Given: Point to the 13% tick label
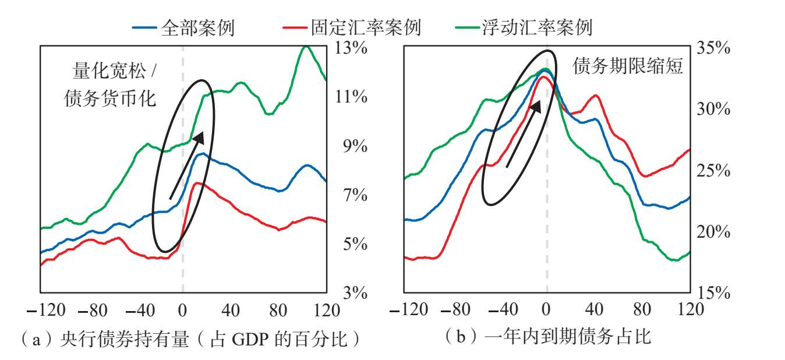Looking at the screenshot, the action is tap(351, 47).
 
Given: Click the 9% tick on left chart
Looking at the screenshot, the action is tap(355, 146).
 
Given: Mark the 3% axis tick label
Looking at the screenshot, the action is tap(355, 292).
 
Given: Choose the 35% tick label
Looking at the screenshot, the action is tap(713, 47).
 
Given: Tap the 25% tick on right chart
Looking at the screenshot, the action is tap(713, 170).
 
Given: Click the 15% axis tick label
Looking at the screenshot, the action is tap(714, 292).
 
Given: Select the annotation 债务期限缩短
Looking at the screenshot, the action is tap(628, 66).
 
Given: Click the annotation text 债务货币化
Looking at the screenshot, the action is tap(109, 98).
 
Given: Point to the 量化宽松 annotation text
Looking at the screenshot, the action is tap(109, 71).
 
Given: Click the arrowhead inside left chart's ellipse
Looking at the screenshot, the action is tap(199, 138).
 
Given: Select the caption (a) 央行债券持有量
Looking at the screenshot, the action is tap(105, 339).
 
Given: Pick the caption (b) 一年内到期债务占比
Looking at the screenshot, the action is tap(548, 337).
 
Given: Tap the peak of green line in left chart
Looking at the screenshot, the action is tap(306, 46).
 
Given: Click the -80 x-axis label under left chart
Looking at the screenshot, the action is tap(93, 310).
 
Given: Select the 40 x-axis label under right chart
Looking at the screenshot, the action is tap(594, 309).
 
